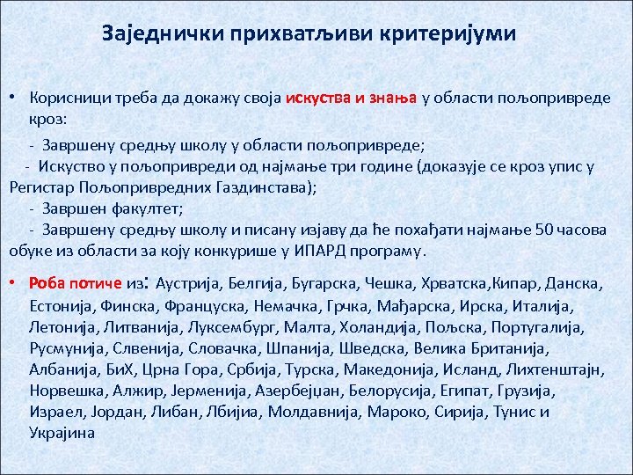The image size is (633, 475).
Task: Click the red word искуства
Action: tap(316, 99)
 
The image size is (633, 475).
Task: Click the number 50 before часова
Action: tap(545, 230)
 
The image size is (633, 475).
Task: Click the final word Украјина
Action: tap(62, 433)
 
